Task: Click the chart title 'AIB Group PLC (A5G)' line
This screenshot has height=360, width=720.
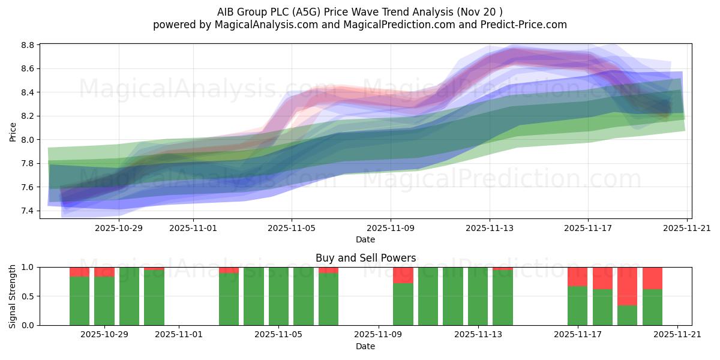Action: click(359, 11)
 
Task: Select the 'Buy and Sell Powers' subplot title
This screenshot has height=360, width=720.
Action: click(365, 258)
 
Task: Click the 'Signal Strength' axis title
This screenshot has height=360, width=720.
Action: click(13, 296)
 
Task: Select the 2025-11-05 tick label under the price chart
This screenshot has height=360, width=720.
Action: click(292, 228)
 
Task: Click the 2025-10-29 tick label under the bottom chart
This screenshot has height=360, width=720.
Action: click(104, 335)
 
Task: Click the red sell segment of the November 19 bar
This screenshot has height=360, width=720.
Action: click(627, 286)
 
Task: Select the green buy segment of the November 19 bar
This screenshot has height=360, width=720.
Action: click(627, 316)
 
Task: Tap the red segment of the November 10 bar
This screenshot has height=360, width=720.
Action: click(403, 275)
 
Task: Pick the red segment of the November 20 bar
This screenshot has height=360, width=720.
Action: click(652, 278)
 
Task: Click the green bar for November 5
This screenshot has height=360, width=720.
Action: click(278, 296)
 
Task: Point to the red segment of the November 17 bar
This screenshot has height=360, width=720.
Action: click(577, 277)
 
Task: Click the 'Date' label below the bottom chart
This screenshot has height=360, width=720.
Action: click(365, 346)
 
